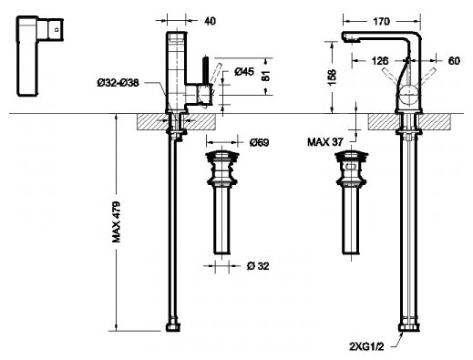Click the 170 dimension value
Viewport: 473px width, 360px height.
point(381,21)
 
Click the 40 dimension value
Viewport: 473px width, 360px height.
point(210,21)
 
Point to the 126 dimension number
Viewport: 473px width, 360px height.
point(380,61)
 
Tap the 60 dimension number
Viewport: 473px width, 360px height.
point(454,61)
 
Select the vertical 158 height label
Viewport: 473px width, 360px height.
point(332,77)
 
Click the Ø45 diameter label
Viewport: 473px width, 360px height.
point(244,72)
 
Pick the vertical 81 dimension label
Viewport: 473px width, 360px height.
point(265,76)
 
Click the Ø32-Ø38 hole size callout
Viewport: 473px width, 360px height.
point(118,83)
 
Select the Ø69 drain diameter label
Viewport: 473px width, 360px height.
point(259,142)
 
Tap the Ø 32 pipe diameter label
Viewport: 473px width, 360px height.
point(258,266)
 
